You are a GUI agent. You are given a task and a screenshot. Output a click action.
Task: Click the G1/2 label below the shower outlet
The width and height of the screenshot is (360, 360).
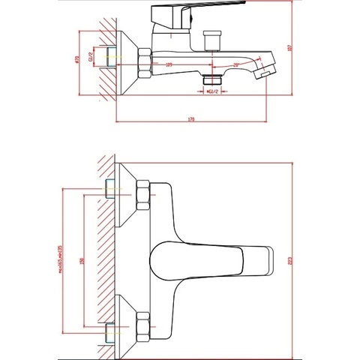point(213,91)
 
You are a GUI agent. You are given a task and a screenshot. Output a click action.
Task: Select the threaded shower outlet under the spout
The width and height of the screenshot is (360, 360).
point(213,78)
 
